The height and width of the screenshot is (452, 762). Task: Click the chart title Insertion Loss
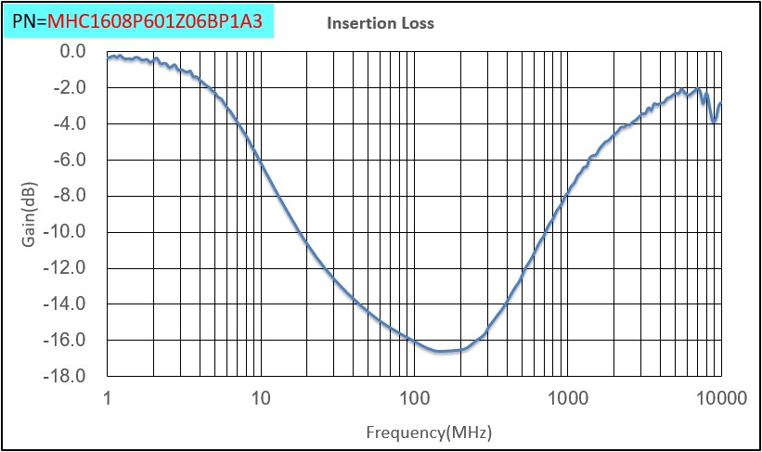[x=380, y=23]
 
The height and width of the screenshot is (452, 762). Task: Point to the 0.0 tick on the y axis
[x=71, y=51]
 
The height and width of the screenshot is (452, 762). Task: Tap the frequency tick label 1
[x=109, y=399]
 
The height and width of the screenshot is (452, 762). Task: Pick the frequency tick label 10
[x=261, y=399]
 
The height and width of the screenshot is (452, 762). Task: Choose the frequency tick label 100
[x=414, y=399]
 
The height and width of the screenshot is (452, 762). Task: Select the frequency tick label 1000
[x=567, y=399]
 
